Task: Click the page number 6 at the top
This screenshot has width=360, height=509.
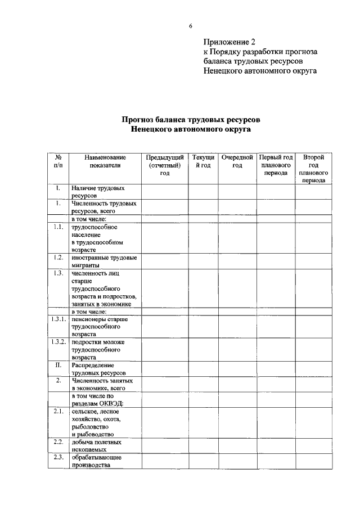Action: pyautogui.click(x=191, y=26)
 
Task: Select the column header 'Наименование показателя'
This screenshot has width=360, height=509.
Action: pyautogui.click(x=105, y=161)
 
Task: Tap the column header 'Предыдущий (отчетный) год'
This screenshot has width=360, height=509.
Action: pyautogui.click(x=164, y=165)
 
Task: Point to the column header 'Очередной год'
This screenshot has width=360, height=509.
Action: pyautogui.click(x=237, y=161)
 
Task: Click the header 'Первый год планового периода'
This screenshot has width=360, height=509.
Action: pyautogui.click(x=276, y=165)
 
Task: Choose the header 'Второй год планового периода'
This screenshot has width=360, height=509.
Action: pyautogui.click(x=313, y=169)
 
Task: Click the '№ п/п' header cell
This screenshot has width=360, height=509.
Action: pyautogui.click(x=58, y=161)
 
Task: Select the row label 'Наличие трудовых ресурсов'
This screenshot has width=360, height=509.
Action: pyautogui.click(x=98, y=192)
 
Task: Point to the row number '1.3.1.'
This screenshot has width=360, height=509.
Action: pyautogui.click(x=58, y=319)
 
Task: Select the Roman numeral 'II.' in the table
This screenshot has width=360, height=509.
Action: pyautogui.click(x=58, y=364)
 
